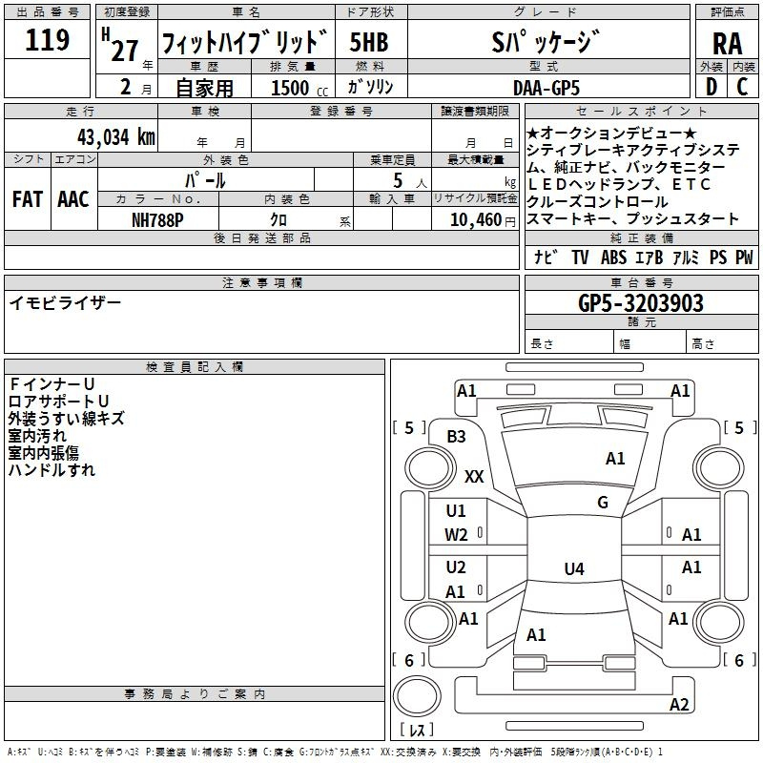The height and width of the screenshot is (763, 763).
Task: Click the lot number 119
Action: click(x=48, y=41)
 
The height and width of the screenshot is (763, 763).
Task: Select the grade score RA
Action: click(x=727, y=43)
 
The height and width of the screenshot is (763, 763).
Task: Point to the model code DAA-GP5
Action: click(x=546, y=87)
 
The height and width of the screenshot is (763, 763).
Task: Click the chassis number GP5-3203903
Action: click(x=641, y=304)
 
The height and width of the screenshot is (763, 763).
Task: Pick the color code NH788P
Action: click(x=158, y=219)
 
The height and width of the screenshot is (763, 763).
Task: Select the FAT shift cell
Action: click(x=28, y=199)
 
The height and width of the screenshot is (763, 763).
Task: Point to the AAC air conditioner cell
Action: click(x=73, y=199)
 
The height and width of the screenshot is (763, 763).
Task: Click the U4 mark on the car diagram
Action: click(x=573, y=569)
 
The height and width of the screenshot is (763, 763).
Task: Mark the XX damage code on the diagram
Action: click(x=474, y=476)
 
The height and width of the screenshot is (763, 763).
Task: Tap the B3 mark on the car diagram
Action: click(x=456, y=437)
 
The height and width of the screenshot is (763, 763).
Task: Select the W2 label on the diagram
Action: click(x=456, y=535)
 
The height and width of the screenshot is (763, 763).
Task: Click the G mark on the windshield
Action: click(x=603, y=503)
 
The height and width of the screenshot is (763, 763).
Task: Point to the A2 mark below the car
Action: click(x=679, y=705)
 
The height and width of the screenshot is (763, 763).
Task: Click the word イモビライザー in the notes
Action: click(x=65, y=302)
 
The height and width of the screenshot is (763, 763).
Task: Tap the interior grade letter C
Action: click(x=741, y=87)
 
